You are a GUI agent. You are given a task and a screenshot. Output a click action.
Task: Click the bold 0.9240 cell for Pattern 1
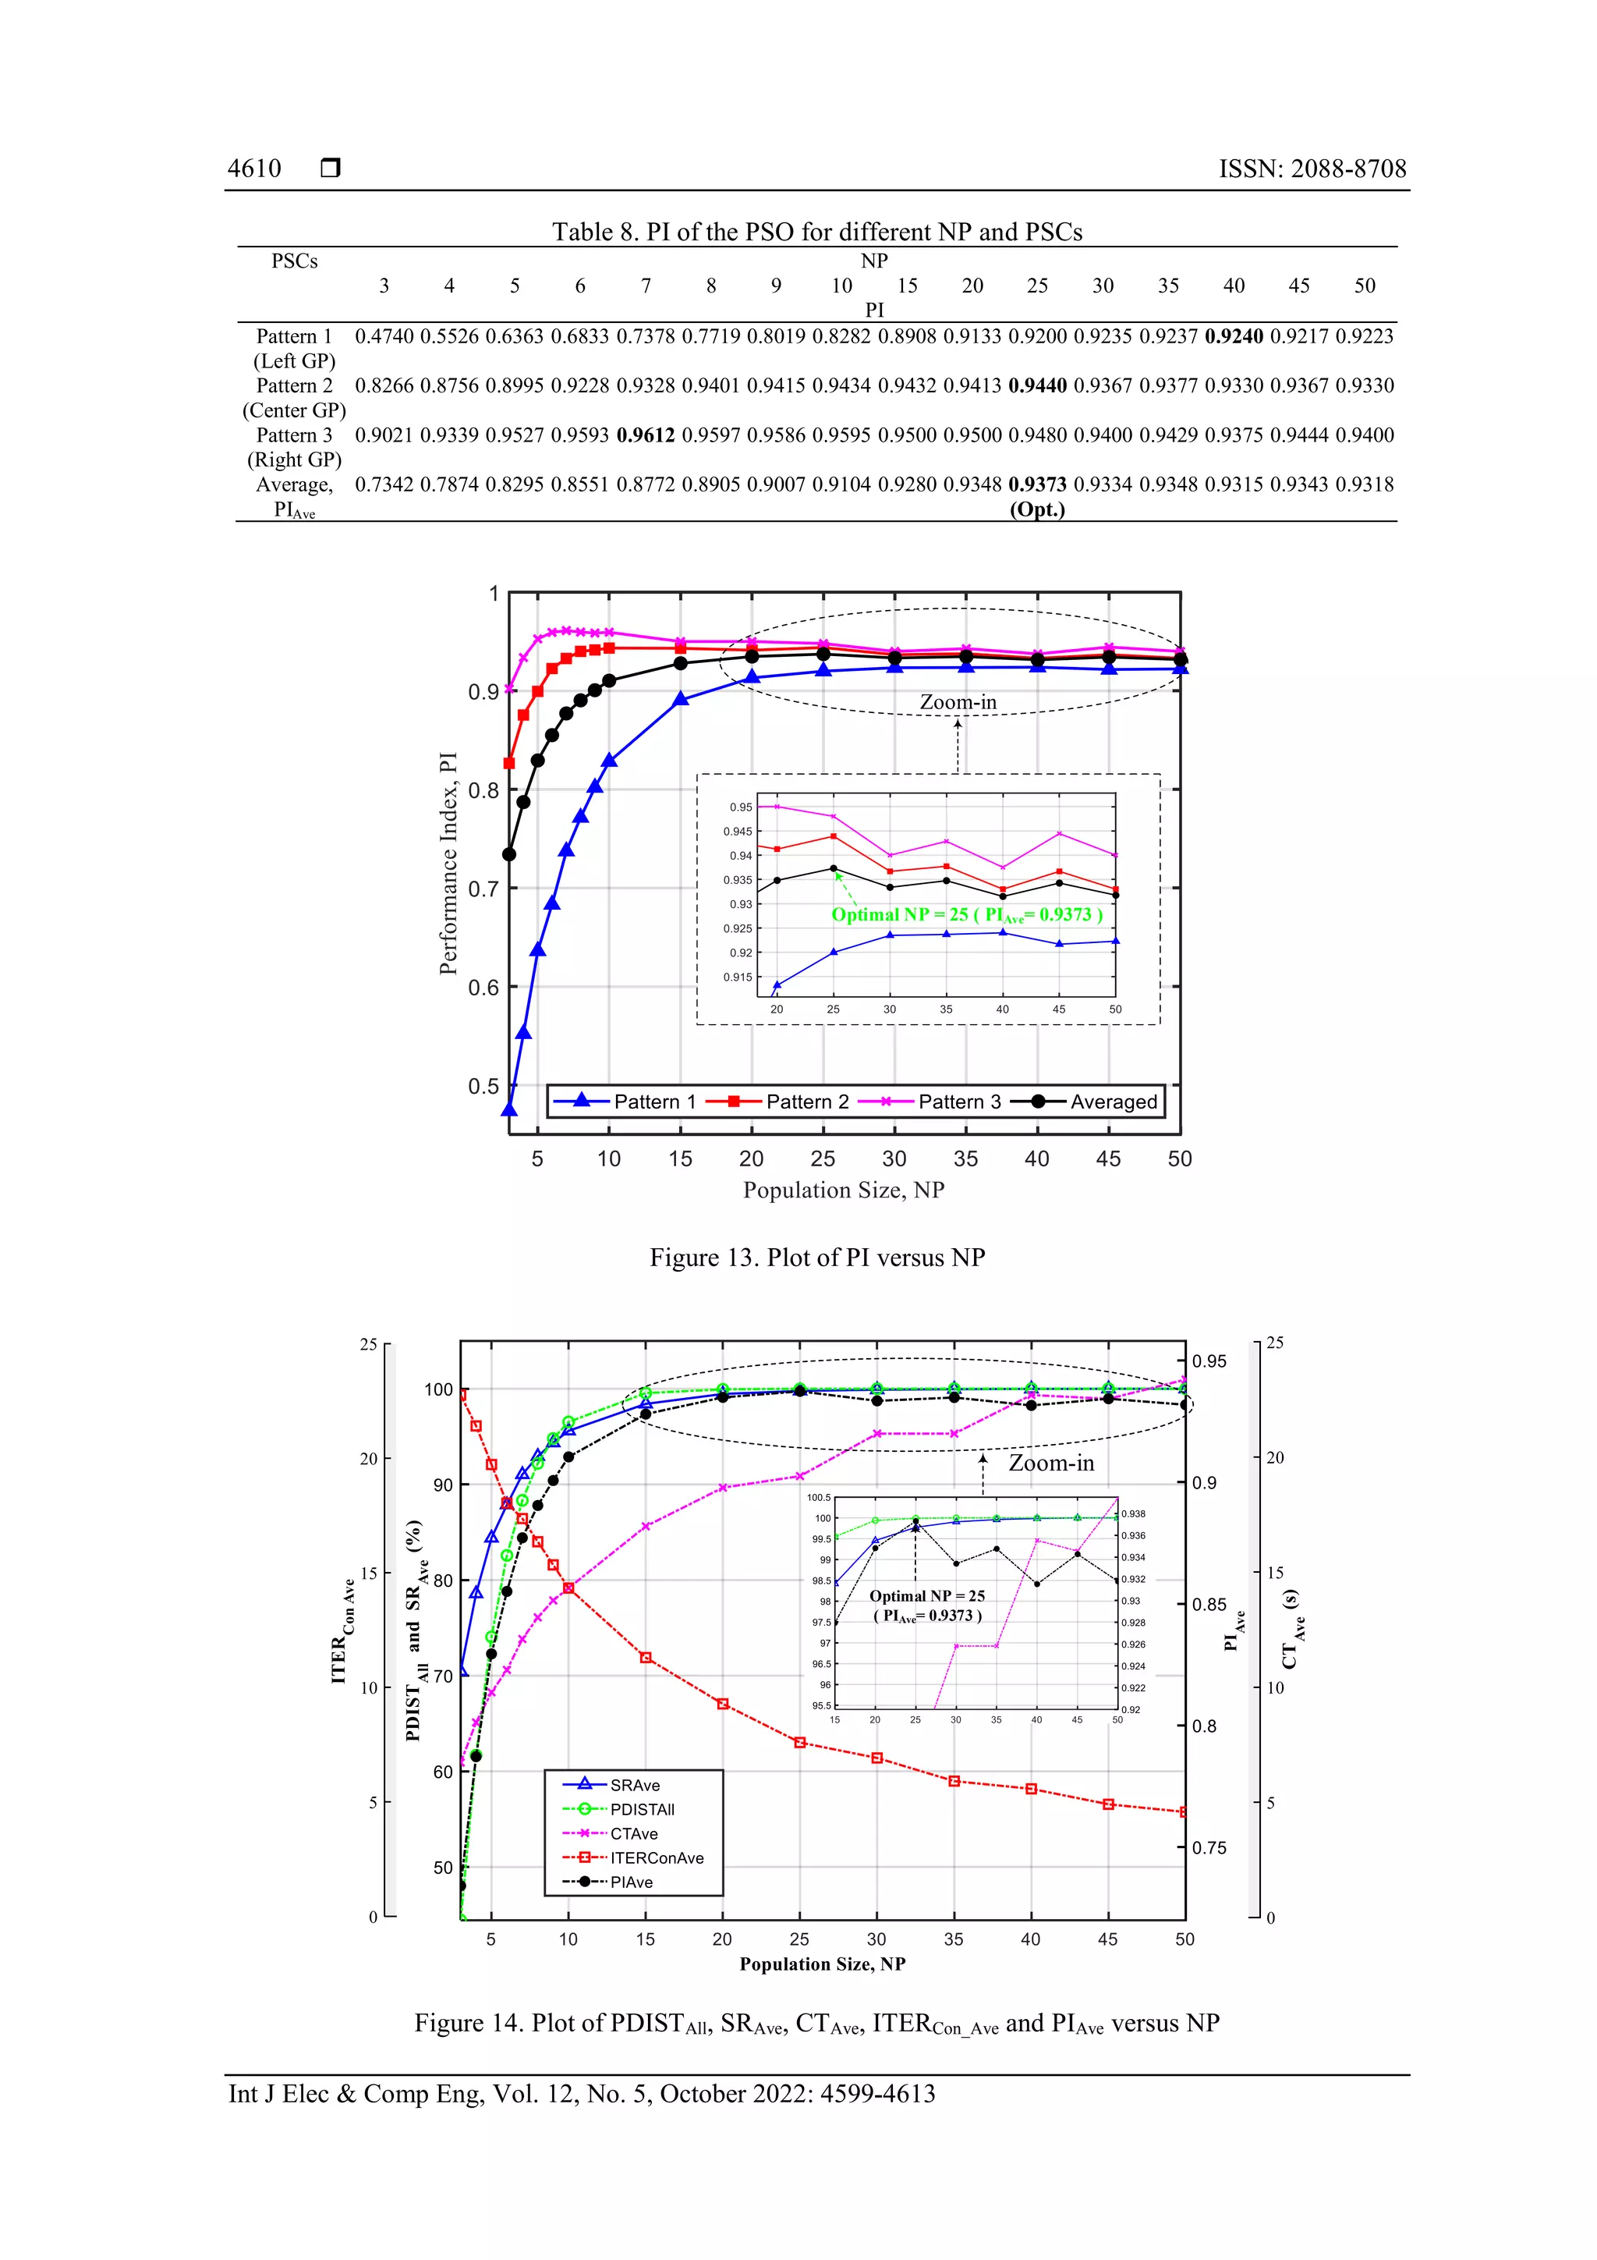[1233, 337]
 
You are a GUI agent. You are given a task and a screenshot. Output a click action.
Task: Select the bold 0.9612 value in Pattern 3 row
[646, 435]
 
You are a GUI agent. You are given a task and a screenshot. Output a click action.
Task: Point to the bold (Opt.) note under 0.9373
[1037, 510]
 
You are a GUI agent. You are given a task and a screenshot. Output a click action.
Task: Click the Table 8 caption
[816, 232]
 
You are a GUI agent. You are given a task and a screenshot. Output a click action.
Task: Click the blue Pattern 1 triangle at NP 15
[680, 699]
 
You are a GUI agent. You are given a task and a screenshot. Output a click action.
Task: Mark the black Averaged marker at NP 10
[609, 680]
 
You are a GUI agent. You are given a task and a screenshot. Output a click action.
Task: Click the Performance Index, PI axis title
[448, 864]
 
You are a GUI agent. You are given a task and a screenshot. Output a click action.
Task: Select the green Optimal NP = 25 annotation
[966, 914]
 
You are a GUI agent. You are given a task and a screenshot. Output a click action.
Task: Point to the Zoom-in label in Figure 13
[958, 702]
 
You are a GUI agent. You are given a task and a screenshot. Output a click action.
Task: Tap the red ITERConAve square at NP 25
[800, 1742]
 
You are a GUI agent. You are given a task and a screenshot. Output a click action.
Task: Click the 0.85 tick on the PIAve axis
[1209, 1605]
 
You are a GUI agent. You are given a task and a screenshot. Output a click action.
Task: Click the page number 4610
[254, 169]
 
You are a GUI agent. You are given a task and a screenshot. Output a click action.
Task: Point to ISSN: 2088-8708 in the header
[1312, 169]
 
